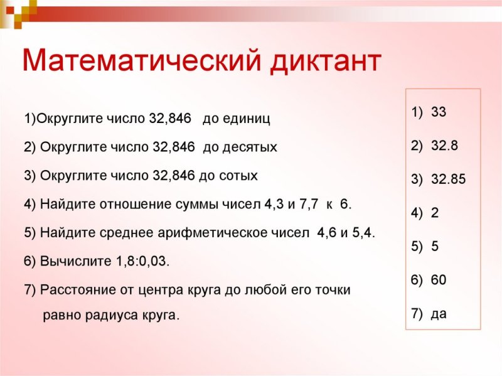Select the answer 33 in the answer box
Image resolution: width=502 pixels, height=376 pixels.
click(439, 112)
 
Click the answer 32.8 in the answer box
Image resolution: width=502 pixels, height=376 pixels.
click(444, 146)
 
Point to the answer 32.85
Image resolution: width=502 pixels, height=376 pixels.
click(448, 180)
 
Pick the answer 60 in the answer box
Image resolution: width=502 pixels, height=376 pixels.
click(439, 279)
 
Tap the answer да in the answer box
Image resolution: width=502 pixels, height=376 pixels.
click(439, 313)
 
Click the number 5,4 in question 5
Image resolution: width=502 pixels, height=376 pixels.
click(362, 233)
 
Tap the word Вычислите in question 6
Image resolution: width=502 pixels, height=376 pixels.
click(70, 261)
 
